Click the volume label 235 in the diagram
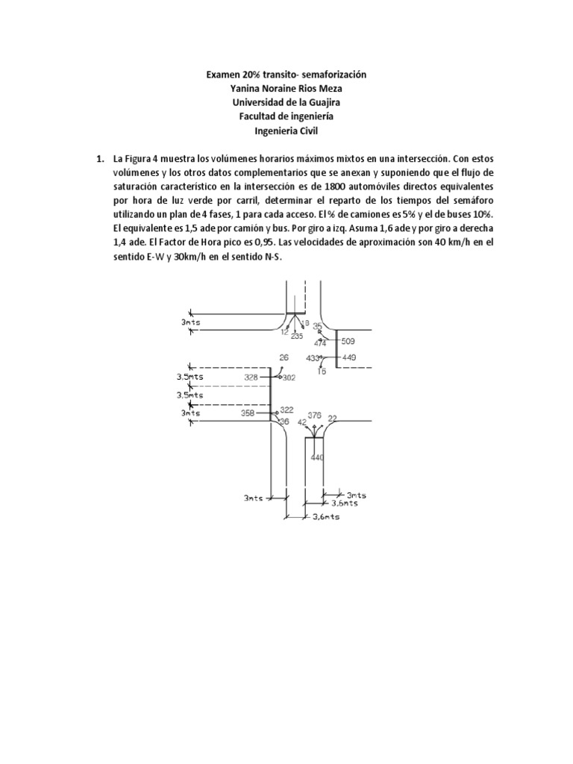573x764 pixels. pos(297,336)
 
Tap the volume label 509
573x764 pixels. pos(348,342)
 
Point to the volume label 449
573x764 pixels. pos(348,357)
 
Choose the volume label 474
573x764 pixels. pos(320,343)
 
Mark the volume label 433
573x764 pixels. pos(313,358)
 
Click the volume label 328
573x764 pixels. pos(252,378)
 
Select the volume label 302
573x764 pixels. pos(289,378)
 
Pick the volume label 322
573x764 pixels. pos(286,410)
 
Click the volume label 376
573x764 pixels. pos(314,415)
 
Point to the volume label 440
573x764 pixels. pos(317,457)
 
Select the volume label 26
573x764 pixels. pos(284,357)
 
